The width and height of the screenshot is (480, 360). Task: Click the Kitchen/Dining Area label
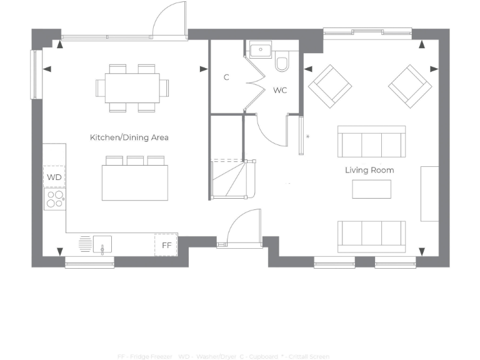point(129,137)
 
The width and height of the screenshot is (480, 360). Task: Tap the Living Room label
point(369,170)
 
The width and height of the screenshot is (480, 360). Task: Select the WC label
point(280,91)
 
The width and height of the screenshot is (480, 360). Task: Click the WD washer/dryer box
point(54,177)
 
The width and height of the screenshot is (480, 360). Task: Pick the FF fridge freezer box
point(166,245)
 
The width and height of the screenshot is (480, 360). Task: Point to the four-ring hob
point(55,199)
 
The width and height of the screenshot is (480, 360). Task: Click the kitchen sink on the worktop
point(102,244)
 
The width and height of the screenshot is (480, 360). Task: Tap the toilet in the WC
point(282,62)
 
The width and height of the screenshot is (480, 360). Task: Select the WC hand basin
point(259,49)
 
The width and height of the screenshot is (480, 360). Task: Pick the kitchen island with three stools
point(135,182)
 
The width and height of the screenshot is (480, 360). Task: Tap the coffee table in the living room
point(371,189)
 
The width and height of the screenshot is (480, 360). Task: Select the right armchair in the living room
point(409,85)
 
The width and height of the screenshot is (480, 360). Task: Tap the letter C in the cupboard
point(226,77)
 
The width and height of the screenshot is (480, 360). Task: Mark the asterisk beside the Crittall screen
point(307,136)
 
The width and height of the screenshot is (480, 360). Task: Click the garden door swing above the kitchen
point(169,19)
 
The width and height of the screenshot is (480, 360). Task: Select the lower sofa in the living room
point(371,234)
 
